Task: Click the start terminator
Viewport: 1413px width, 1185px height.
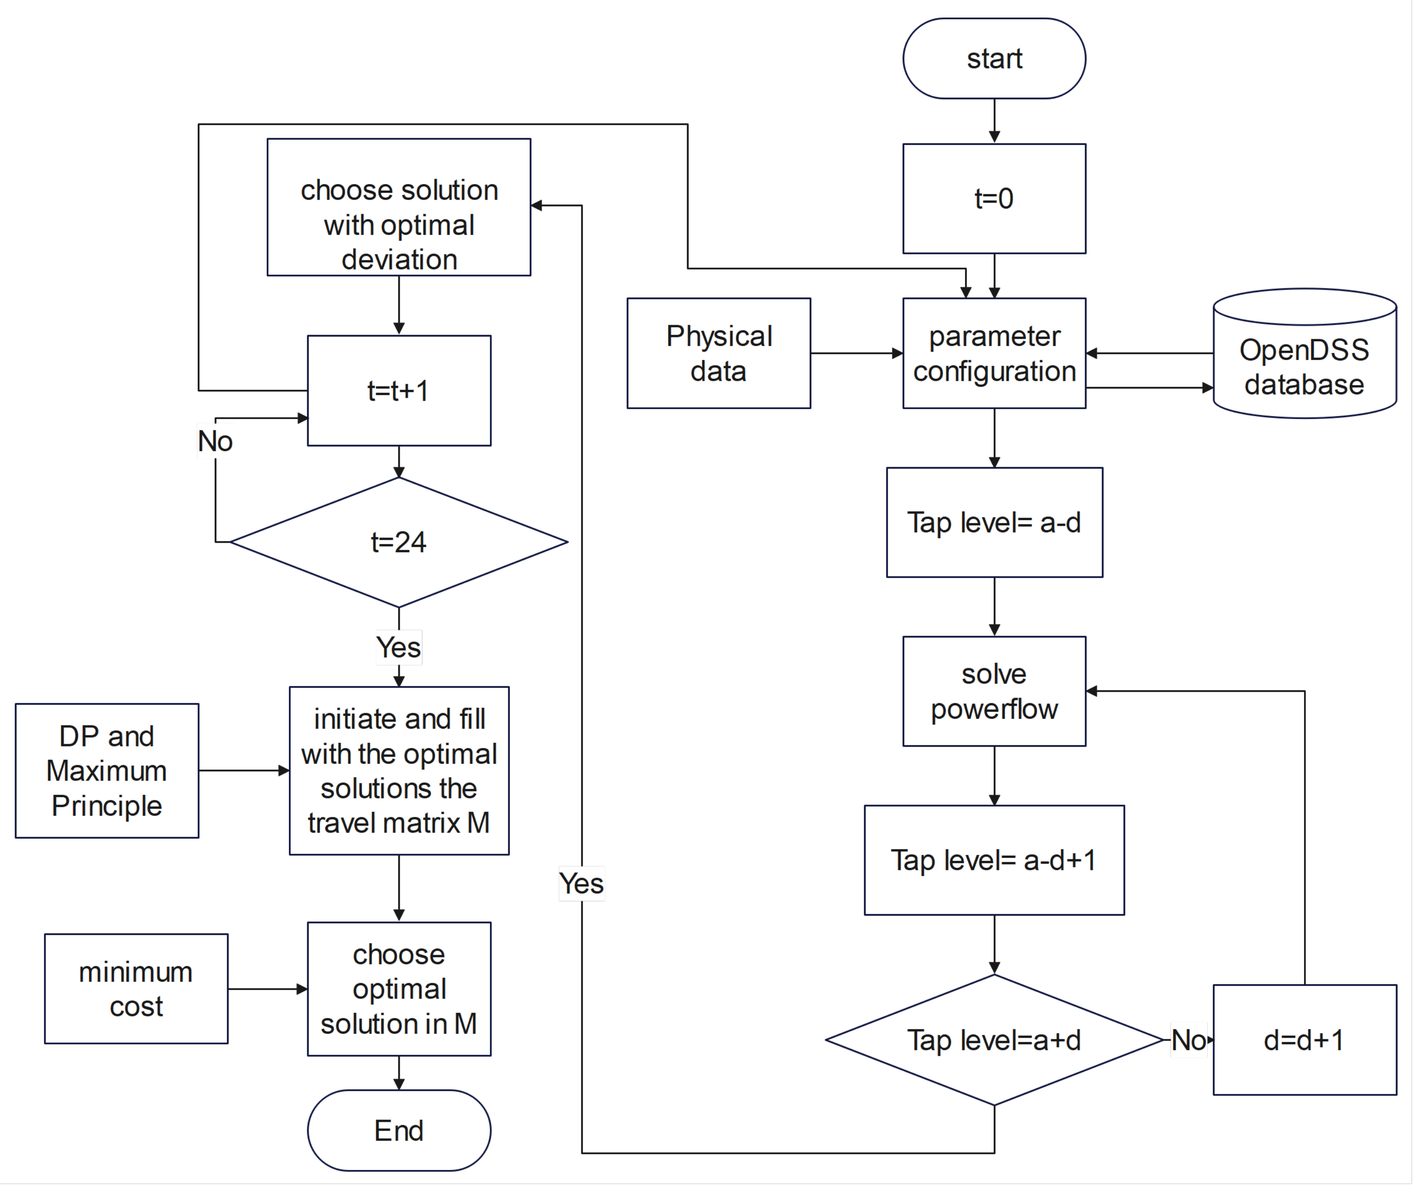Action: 994,59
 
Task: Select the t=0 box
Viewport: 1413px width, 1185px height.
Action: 994,199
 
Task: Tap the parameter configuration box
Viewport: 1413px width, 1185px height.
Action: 994,353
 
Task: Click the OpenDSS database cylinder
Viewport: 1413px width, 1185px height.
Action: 1304,360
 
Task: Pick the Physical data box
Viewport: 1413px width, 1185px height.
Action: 719,353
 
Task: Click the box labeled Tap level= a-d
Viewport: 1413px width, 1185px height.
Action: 994,522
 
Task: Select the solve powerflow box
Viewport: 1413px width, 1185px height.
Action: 994,691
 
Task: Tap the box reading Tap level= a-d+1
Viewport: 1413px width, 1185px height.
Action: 994,860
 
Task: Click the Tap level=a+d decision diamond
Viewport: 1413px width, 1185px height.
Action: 994,1040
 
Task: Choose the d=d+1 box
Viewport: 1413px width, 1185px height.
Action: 1304,1040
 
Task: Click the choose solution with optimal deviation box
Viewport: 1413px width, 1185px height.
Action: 398,207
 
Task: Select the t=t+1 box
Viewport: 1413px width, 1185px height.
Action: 398,390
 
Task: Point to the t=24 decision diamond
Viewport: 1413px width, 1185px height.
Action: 398,542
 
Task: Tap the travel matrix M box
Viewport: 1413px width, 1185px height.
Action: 398,771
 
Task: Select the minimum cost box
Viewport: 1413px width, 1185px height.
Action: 136,989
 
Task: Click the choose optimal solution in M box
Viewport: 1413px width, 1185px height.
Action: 398,989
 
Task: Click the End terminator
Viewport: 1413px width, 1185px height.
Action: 398,1131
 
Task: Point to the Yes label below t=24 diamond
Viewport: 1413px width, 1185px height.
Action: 398,647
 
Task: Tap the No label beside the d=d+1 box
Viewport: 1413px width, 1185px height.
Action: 1188,1040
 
